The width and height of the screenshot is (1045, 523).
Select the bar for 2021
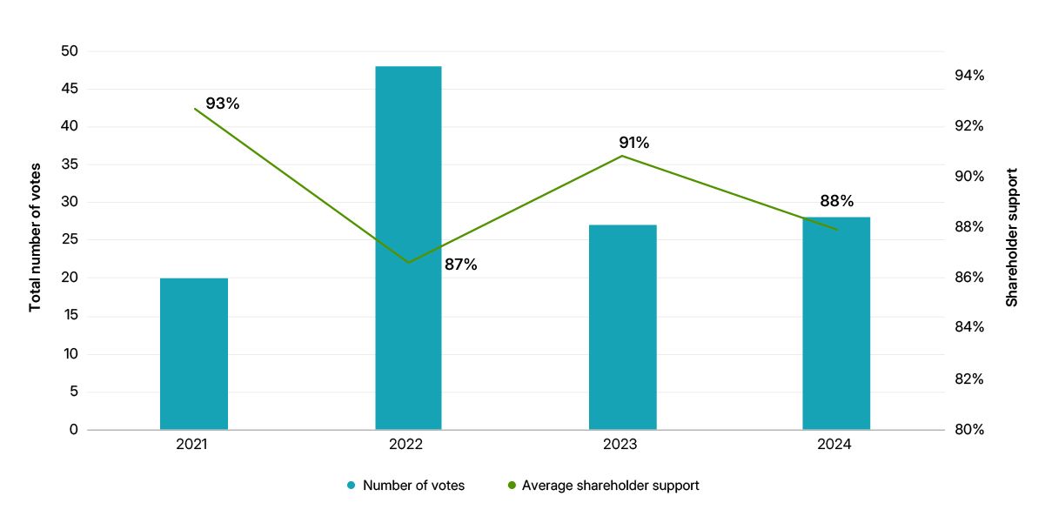(194, 353)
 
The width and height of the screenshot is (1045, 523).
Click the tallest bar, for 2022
(408, 248)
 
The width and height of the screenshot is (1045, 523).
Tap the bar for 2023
(622, 327)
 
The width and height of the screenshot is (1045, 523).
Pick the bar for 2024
(836, 323)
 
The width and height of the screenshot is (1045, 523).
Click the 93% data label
(222, 104)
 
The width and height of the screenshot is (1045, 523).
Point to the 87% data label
(460, 265)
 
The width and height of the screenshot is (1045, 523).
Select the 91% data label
(633, 143)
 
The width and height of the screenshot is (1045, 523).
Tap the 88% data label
(837, 200)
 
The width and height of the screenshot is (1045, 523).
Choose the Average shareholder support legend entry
(610, 486)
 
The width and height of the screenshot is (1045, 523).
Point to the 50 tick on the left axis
(70, 51)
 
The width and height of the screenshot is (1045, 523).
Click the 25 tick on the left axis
(70, 240)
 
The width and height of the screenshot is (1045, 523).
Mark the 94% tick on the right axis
(968, 76)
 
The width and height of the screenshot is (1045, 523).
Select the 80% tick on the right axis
(968, 430)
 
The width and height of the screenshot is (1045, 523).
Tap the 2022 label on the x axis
(406, 445)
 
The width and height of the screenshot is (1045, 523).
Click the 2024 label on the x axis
(834, 445)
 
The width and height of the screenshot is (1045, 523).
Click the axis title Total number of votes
(36, 237)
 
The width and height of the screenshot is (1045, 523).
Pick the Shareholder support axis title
(1011, 237)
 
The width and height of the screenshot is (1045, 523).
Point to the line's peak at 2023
(622, 156)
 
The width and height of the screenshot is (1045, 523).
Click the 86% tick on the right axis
(968, 278)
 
